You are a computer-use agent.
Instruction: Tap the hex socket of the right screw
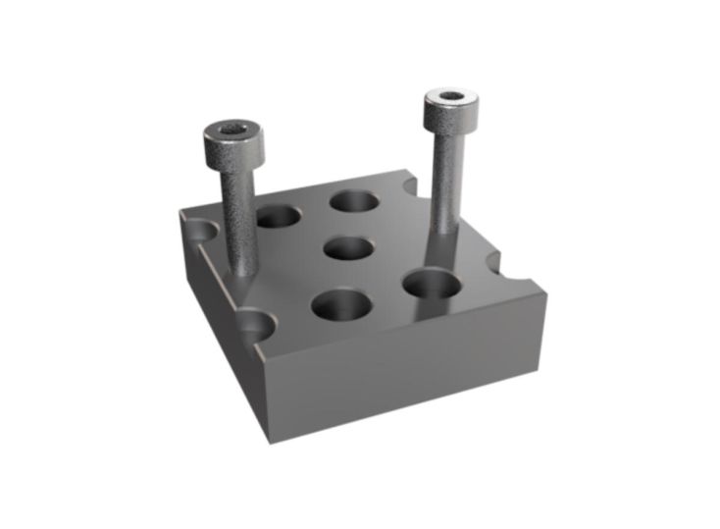click(x=450, y=97)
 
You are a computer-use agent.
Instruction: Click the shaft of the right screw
click(x=446, y=186)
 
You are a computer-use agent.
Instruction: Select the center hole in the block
click(x=350, y=247)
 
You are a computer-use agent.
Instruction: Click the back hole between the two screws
click(x=354, y=202)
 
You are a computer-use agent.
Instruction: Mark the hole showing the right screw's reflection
click(x=431, y=284)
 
